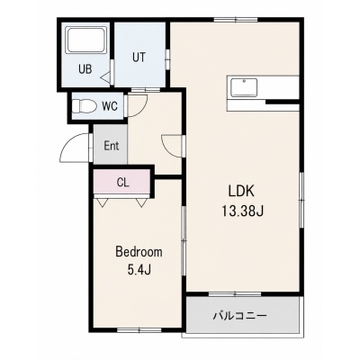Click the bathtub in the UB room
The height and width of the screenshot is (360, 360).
pos(86,40)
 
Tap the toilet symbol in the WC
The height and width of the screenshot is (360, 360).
pos(84,105)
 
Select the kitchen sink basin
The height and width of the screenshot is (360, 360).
pos(244,87)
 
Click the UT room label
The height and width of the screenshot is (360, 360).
pos(139,57)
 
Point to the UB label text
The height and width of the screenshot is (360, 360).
pos(85,69)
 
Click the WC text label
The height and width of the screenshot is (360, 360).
pos(110,106)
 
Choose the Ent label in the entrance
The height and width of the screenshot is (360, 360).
pos(112,146)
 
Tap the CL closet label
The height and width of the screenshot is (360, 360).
pos(123,183)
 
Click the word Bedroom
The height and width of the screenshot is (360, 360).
pos(139,252)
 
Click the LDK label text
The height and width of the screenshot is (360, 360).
pos(242,191)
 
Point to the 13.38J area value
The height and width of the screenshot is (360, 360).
pos(243,211)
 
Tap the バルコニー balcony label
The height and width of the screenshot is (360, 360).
pos(240,316)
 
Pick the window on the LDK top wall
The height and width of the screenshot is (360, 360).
pos(236,20)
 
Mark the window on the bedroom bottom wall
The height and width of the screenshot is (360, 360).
pos(139,330)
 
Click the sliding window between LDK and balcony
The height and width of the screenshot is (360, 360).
pos(236,294)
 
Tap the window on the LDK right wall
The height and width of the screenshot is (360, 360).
pos(302,200)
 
